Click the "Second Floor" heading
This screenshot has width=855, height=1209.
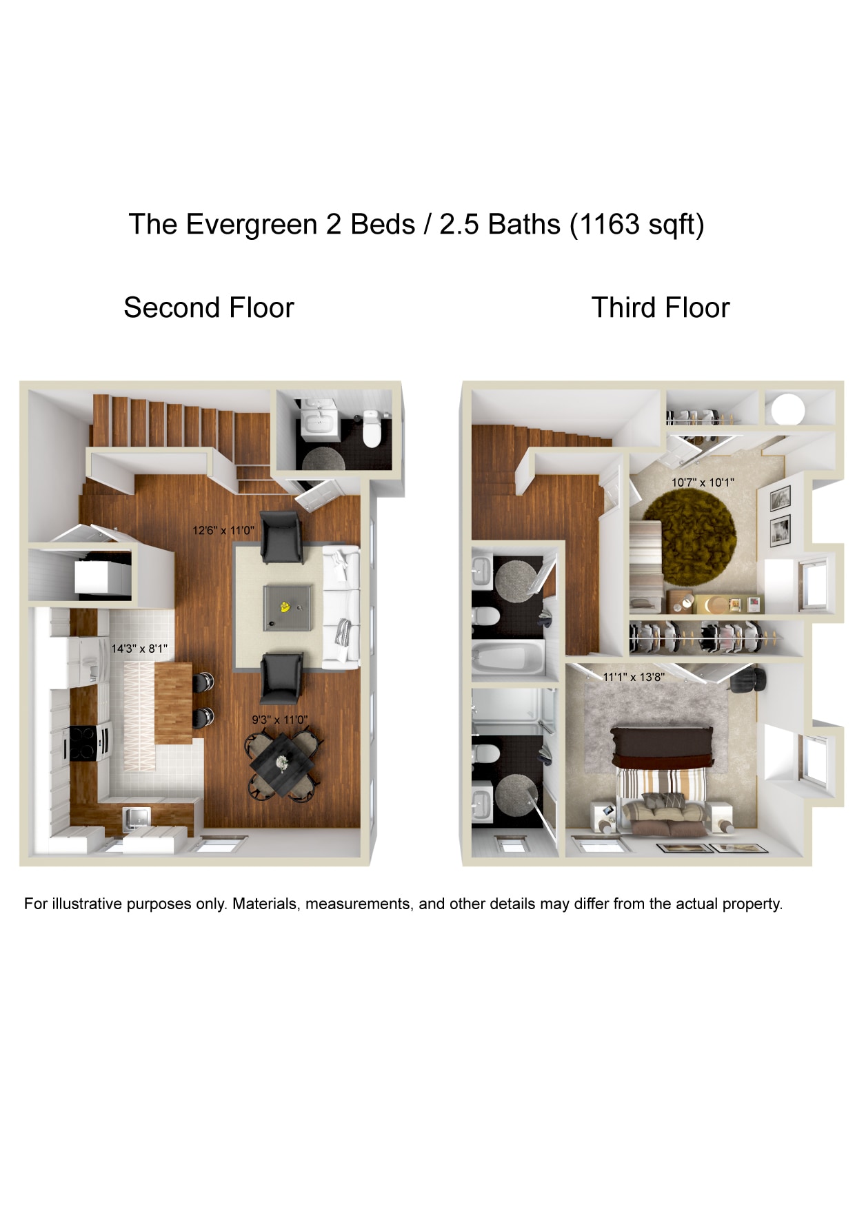208,307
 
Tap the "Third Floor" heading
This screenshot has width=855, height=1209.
660,307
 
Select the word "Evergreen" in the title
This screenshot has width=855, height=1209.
252,225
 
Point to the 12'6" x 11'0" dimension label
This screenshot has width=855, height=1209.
223,531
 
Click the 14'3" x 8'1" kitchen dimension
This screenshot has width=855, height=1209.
139,649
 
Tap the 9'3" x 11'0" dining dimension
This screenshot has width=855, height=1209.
279,720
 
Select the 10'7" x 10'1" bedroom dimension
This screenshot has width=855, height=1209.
703,482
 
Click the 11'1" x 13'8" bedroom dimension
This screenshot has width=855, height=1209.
634,677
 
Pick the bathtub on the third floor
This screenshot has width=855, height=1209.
507,658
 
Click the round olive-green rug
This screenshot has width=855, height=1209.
690,538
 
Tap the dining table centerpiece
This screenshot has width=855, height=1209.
282,763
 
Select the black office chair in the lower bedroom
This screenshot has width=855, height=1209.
747,680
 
